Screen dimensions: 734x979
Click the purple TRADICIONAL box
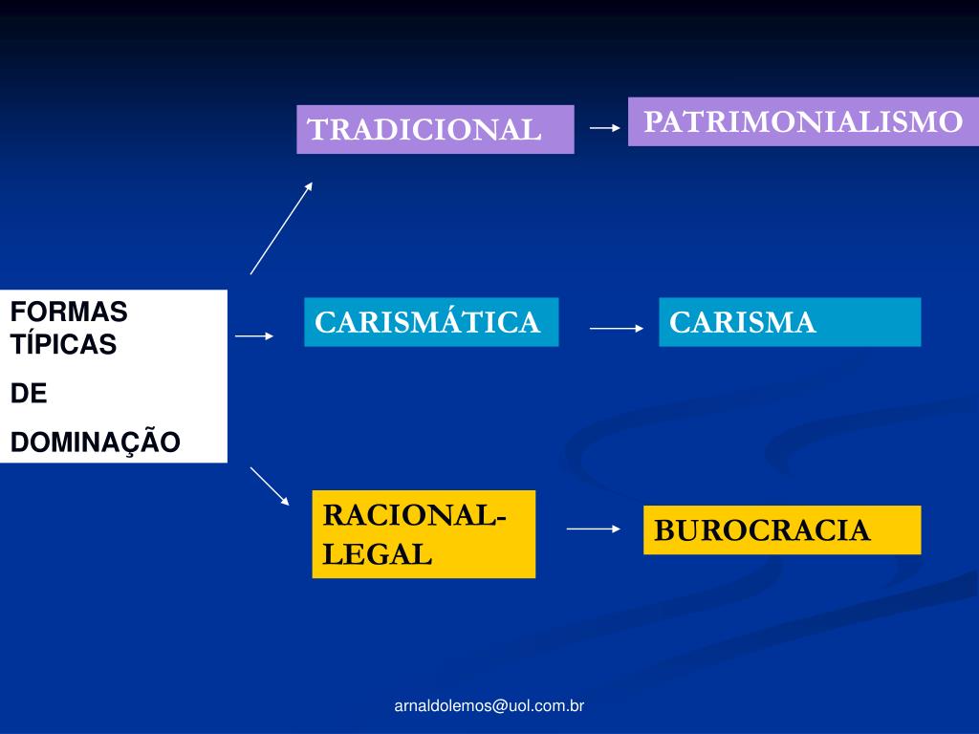tap(435, 129)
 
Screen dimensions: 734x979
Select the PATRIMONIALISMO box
tap(803, 121)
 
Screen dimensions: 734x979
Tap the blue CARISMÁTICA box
tap(431, 322)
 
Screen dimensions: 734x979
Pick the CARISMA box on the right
tap(790, 322)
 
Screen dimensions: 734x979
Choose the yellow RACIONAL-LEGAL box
tap(424, 534)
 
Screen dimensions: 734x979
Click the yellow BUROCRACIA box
tap(782, 530)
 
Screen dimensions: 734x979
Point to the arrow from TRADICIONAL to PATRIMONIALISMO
tap(605, 127)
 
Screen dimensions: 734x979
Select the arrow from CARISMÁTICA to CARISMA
tap(617, 328)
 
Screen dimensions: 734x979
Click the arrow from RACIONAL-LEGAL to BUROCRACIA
tap(594, 528)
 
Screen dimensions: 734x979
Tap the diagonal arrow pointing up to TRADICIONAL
tap(281, 228)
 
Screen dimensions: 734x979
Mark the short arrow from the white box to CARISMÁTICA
tap(254, 335)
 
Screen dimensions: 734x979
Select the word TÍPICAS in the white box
tap(63, 345)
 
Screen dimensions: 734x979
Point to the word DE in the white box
tap(29, 394)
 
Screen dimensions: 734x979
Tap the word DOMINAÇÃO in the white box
tap(95, 443)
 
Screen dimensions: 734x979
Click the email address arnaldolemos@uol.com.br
tap(489, 706)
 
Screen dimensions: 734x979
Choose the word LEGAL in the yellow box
tap(377, 554)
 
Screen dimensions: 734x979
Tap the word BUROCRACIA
tap(762, 530)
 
